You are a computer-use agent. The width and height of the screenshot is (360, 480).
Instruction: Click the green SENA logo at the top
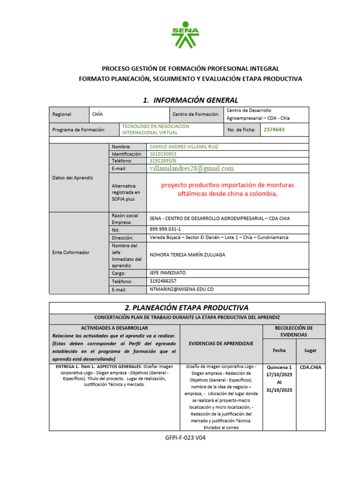185,35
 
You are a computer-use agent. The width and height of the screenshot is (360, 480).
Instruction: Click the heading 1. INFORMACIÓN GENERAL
190,100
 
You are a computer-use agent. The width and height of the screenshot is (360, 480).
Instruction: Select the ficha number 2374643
274,129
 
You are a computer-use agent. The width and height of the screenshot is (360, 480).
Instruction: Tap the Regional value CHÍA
97,114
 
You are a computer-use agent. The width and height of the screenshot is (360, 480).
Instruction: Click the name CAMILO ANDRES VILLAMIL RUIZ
184,147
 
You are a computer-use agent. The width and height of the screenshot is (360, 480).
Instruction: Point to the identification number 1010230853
163,154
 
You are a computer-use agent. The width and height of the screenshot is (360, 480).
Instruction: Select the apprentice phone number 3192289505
163,160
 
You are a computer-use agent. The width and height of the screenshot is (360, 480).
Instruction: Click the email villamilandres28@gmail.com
192,168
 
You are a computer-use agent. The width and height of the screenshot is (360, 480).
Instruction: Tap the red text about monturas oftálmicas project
227,189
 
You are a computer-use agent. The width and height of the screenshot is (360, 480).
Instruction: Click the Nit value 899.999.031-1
165,230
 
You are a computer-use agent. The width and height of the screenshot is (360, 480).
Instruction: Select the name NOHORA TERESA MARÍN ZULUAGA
187,255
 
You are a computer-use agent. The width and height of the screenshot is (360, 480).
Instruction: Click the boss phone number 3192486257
163,281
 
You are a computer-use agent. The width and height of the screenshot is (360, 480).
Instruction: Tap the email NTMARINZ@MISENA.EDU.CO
181,289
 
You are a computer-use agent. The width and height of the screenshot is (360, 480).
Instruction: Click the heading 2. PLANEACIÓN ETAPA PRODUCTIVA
187,307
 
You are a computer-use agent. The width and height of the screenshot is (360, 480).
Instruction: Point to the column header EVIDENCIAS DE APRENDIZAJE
221,344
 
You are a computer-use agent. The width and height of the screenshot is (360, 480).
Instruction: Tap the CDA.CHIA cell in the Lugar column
310,367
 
